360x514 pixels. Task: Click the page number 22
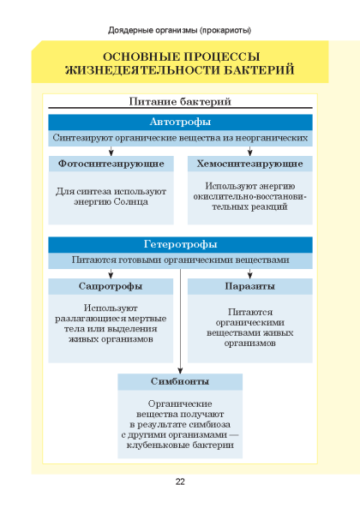(180, 481)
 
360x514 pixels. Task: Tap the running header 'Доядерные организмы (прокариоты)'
(180, 31)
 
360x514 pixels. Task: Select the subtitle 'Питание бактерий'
(180, 101)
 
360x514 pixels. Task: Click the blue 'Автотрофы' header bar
(180, 122)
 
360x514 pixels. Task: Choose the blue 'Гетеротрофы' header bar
(180, 244)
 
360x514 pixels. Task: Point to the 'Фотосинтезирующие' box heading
(111, 164)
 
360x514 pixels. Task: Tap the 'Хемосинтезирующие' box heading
(249, 164)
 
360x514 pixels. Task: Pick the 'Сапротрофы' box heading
(111, 286)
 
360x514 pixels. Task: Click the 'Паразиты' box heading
(249, 286)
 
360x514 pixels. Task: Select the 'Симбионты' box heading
(180, 381)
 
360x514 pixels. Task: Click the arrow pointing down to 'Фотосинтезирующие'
(111, 151)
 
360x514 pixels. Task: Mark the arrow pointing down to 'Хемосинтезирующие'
(249, 151)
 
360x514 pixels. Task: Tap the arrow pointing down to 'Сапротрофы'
(111, 274)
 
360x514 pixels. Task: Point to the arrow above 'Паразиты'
(249, 274)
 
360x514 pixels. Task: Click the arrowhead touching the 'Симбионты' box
(180, 370)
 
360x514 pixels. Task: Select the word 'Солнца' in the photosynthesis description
(131, 201)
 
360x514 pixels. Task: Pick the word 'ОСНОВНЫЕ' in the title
(141, 57)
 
